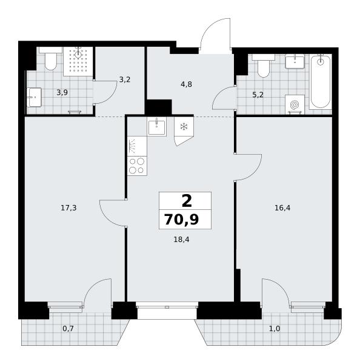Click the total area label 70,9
click(x=181, y=220)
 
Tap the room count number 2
click(x=187, y=201)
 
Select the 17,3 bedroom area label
click(x=68, y=208)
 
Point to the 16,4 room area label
click(x=282, y=207)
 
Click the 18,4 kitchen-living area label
click(x=181, y=240)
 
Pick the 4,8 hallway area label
click(x=186, y=84)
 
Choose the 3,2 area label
click(x=125, y=79)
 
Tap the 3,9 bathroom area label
click(x=62, y=93)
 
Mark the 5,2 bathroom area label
click(x=258, y=95)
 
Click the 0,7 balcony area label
click(x=68, y=328)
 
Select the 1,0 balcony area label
click(x=275, y=329)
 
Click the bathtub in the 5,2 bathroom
click(x=321, y=81)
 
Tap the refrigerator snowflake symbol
click(x=184, y=127)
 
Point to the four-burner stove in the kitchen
click(x=137, y=166)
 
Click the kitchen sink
click(x=157, y=127)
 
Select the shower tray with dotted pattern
click(x=78, y=61)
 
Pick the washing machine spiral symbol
click(x=295, y=105)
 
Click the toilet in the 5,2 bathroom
click(x=264, y=66)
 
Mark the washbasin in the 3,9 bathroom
click(x=34, y=97)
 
